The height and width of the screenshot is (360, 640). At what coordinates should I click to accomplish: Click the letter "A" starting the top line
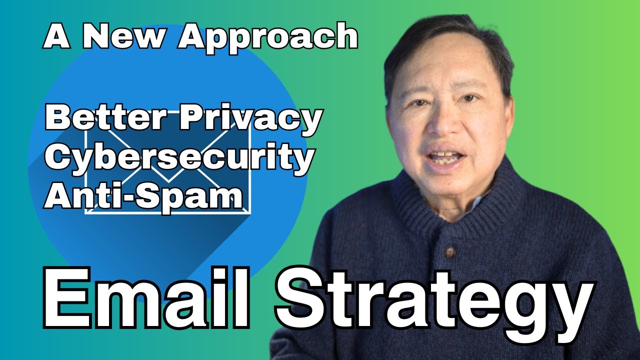pyautogui.click(x=56, y=36)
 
